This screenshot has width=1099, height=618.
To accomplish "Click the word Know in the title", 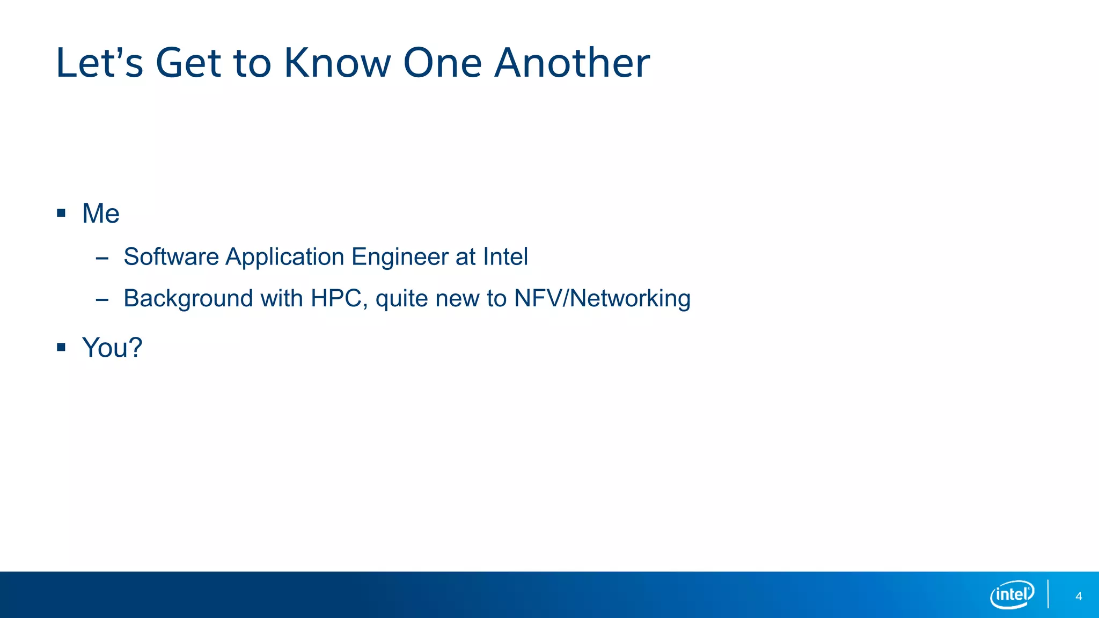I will point(338,63).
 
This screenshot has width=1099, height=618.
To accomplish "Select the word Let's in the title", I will point(100,63).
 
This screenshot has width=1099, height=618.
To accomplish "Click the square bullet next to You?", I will point(61,348).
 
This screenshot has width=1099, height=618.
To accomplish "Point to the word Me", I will point(100,214).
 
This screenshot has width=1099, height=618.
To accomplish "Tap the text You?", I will point(112,348).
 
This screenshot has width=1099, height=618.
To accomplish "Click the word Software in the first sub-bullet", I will point(171,256).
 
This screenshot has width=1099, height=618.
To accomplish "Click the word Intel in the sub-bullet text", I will point(505,256).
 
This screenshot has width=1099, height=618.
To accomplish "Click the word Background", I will point(188,299).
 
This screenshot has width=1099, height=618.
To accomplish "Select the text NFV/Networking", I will point(602,299).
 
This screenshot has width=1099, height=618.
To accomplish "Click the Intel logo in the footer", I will point(1012,594).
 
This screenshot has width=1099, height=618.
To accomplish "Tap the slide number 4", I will point(1079,597).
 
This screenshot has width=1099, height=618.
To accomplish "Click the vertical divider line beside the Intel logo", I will point(1048,594).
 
